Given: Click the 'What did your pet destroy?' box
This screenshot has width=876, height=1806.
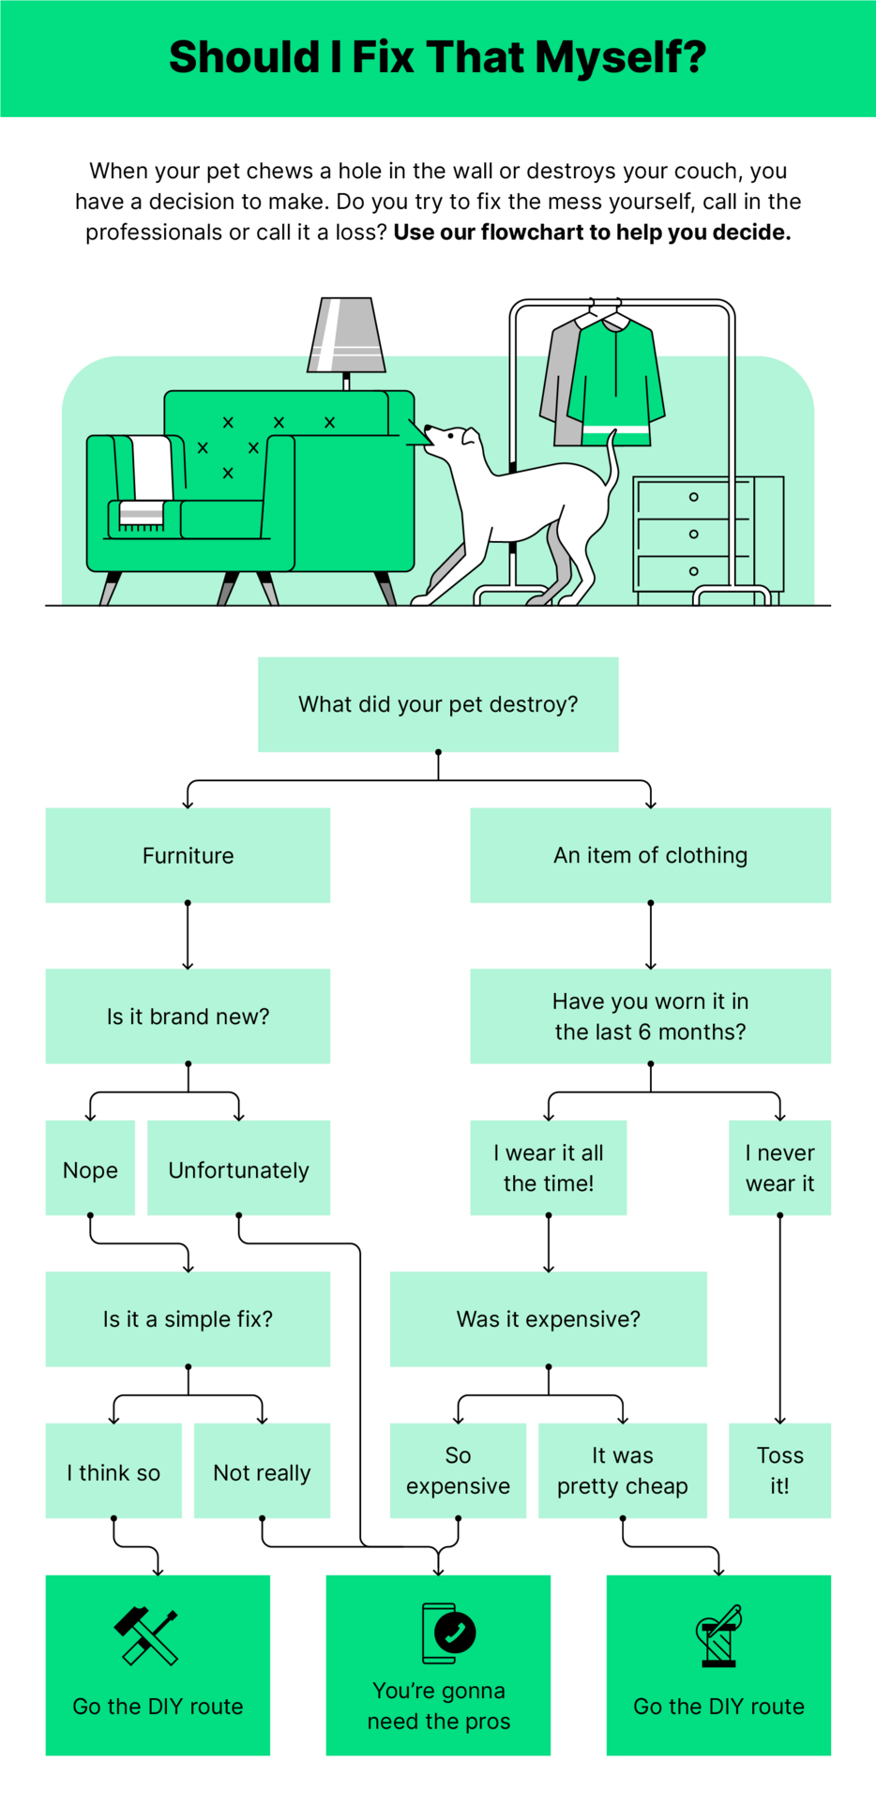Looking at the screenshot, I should pos(438,704).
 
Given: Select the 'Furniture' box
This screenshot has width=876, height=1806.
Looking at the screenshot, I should pos(188,855).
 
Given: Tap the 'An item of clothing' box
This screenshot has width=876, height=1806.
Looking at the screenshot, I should pos(650,855).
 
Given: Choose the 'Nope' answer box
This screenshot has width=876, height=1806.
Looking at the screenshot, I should pos(90,1168).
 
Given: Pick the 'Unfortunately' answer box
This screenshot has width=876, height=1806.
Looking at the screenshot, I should pos(238,1168).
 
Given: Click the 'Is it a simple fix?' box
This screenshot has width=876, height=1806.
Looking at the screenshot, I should pos(188,1318).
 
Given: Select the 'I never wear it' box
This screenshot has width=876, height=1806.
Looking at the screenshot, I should pos(779,1167).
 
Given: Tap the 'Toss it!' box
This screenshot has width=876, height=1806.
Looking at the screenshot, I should pos(779,1470).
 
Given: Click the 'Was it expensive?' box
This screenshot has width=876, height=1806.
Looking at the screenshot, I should pos(548,1318).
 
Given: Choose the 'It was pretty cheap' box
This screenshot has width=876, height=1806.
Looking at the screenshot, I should pos(622,1470).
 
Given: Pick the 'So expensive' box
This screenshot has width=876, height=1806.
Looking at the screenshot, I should pos(458,1470).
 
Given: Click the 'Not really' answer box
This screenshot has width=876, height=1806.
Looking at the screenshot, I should pos(262,1471).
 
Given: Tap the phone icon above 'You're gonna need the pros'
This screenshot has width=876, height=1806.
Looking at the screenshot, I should pos(447,1633).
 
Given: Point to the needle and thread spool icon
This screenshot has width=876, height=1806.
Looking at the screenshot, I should pos(719,1635).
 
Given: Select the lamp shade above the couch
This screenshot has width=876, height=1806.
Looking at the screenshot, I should pos(346,334).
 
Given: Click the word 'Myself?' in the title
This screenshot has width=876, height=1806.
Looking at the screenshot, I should pos(620,57).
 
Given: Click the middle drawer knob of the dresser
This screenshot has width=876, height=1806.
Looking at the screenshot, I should pos(693,534).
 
